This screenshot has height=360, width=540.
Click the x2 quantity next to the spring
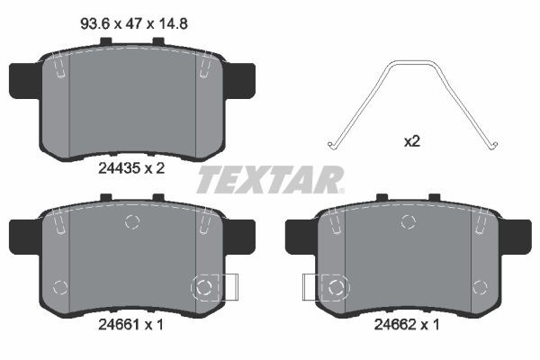coord(411,141)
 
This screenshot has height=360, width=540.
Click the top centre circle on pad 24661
coord(132,222)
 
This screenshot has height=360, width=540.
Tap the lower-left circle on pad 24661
coord(60,288)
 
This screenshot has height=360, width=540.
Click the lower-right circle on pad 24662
coord(479,288)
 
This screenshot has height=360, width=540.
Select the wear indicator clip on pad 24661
coord(212,287)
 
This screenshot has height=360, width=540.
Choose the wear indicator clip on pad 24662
coord(325,287)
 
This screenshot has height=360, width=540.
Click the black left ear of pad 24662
coord(297,236)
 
